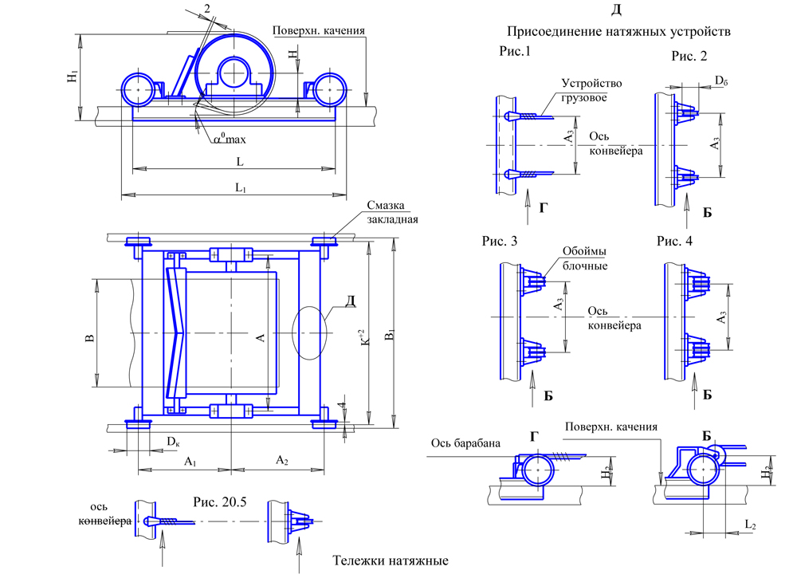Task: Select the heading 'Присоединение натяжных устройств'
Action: (x=618, y=32)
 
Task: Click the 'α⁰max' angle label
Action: (x=230, y=140)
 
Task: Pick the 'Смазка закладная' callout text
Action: (x=392, y=213)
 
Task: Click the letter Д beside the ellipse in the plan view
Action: (x=347, y=302)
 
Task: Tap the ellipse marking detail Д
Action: (x=310, y=332)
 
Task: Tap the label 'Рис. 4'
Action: (x=675, y=241)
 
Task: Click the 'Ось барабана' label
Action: (x=465, y=443)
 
